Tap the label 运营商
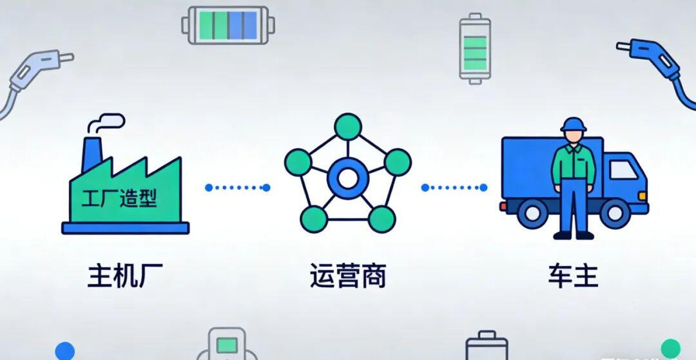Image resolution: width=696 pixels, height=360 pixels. (347, 276)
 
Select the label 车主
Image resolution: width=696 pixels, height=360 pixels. (573, 276)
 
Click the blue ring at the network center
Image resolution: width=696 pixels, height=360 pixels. (347, 178)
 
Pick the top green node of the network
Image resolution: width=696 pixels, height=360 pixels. (348, 126)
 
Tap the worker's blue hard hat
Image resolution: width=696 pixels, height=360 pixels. (573, 124)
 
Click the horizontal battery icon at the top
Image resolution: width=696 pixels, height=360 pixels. (228, 25)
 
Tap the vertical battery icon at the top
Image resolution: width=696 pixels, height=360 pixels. (475, 48)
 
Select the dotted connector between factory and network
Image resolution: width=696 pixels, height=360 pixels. (237, 187)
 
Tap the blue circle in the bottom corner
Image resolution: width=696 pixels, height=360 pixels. (64, 351)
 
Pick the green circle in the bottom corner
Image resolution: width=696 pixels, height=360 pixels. (670, 348)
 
